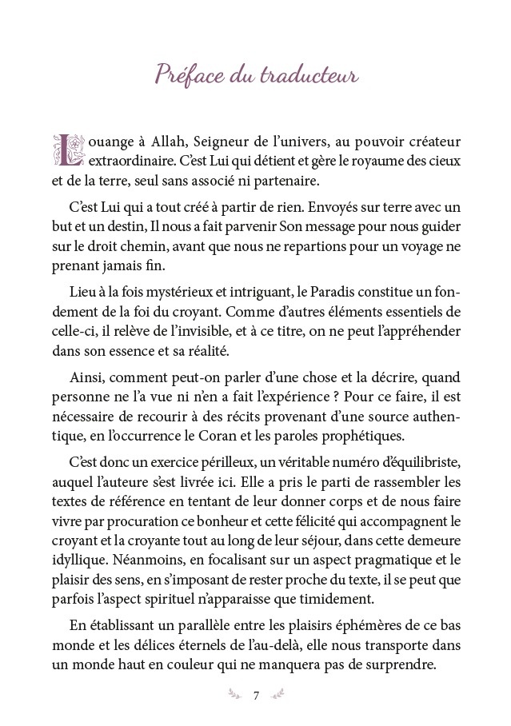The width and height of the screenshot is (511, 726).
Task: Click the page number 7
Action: [x=255, y=694]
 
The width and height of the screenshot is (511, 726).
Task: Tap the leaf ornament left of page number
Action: [x=236, y=694]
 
